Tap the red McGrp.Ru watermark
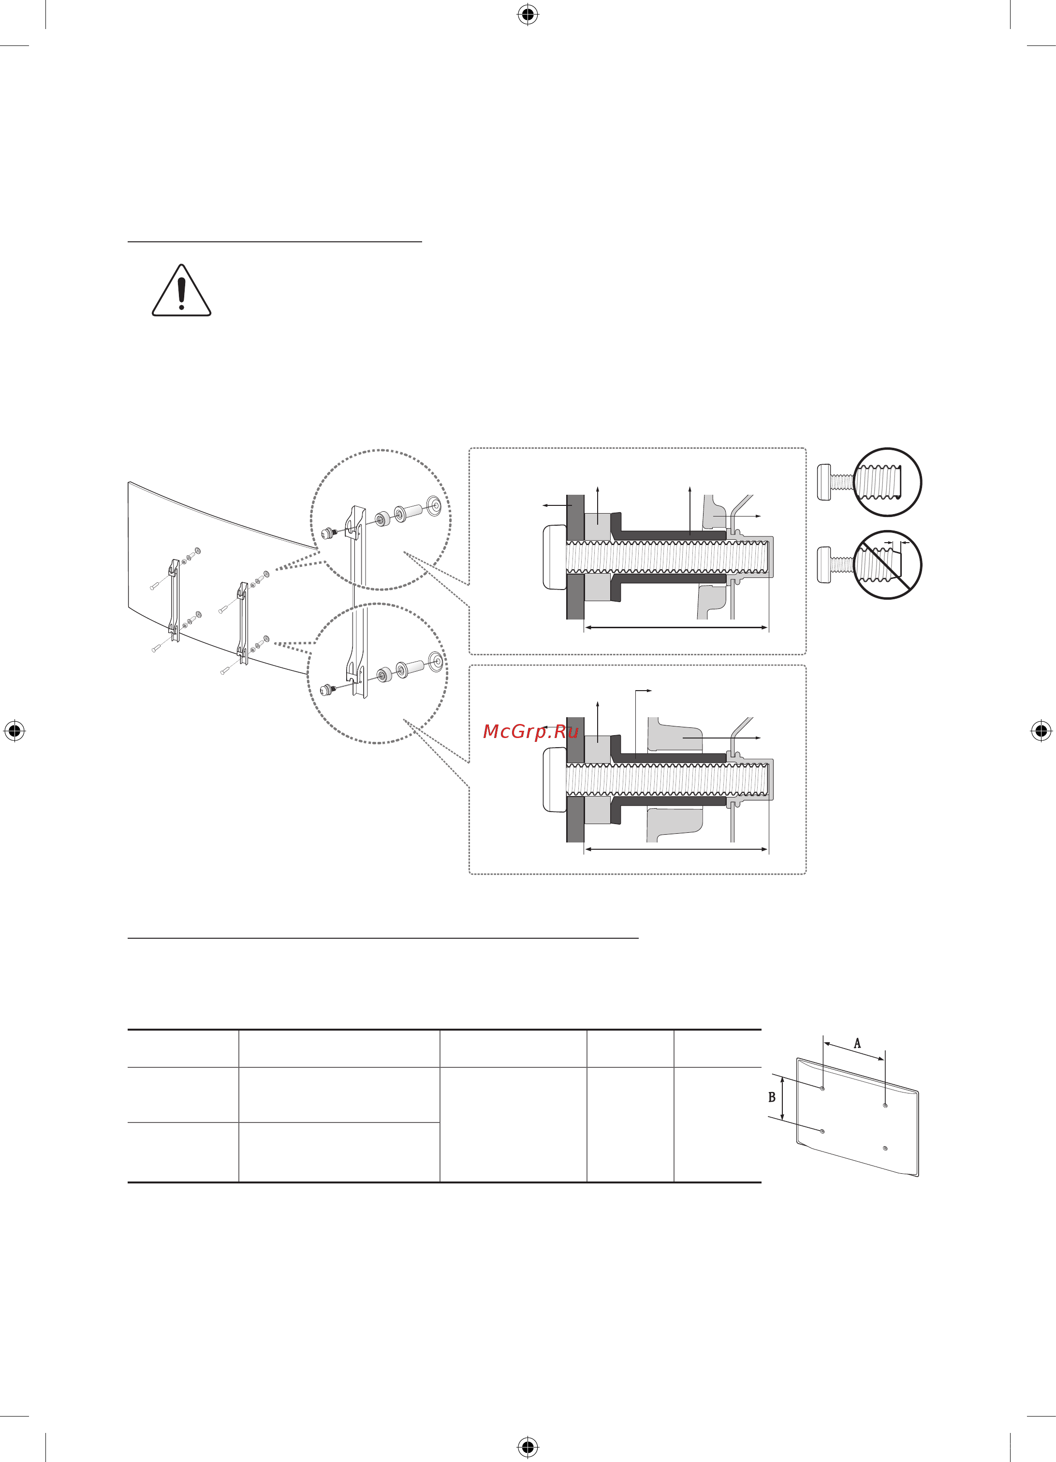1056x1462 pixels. click(530, 732)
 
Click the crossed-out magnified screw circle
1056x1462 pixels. click(887, 565)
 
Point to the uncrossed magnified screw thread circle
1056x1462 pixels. click(887, 482)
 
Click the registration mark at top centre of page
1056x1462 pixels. click(528, 14)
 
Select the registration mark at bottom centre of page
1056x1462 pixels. click(528, 1447)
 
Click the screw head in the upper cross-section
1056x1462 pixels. click(554, 557)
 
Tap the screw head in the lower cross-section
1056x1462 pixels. click(554, 779)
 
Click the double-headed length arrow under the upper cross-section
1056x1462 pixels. click(676, 627)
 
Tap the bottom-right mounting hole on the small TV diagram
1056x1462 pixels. click(885, 1149)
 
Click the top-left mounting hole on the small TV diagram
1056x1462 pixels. click(823, 1088)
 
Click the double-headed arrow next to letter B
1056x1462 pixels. click(782, 1098)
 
